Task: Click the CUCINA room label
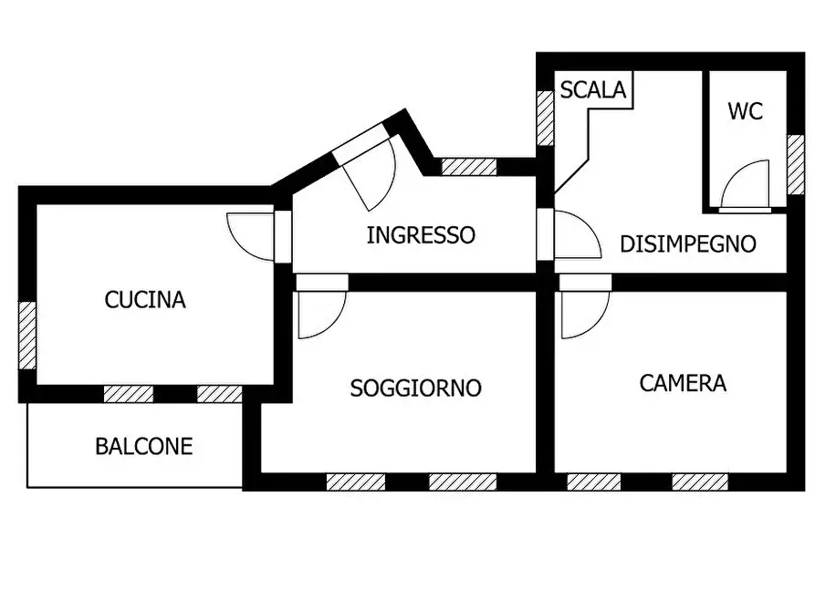tap(145, 299)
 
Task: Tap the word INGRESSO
tap(421, 235)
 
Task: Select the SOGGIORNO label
tap(415, 388)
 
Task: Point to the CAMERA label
tap(683, 383)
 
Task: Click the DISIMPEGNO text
tap(687, 244)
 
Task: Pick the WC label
tap(745, 112)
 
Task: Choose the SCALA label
tap(593, 90)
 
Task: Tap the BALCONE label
tap(144, 447)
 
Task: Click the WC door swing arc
tap(743, 185)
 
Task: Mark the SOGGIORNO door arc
tap(320, 314)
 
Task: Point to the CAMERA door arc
tap(583, 314)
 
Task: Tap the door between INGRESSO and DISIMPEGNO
tap(575, 235)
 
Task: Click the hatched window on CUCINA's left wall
tap(28, 336)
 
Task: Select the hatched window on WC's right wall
tap(796, 164)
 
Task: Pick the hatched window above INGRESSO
tap(469, 167)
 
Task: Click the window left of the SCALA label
tap(545, 118)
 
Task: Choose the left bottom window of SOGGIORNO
tap(356, 482)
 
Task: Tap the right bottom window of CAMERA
tap(700, 482)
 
